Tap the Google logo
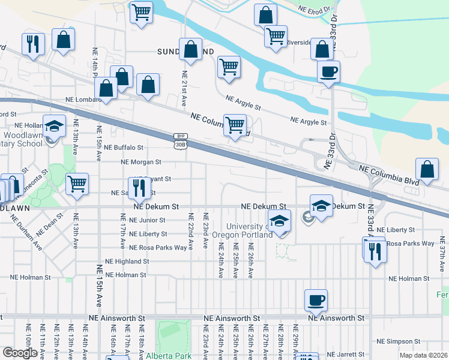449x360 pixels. [x=20, y=353]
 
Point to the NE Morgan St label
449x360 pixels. [x=141, y=162]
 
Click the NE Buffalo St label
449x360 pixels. [x=124, y=147]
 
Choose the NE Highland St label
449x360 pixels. [x=127, y=262]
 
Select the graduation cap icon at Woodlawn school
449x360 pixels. [x=53, y=125]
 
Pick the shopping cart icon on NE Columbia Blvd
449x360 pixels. [x=234, y=125]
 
